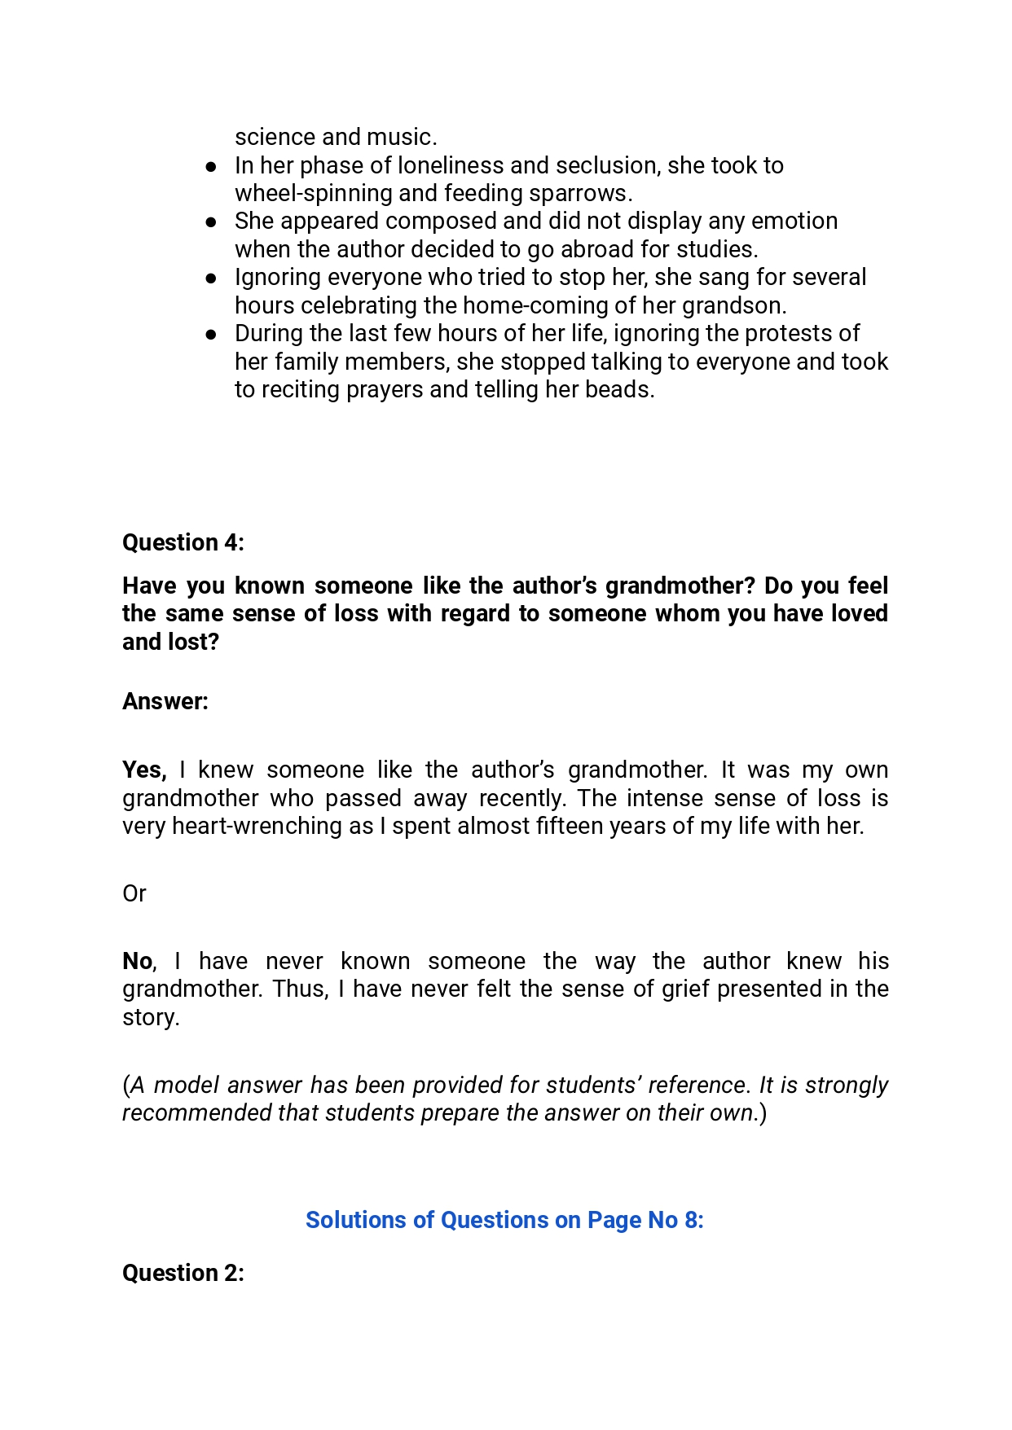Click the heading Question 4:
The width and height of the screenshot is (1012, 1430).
(183, 542)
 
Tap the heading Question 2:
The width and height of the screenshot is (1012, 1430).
(183, 1273)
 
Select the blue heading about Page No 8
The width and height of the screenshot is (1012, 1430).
(504, 1220)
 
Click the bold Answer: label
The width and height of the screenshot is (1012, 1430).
(165, 701)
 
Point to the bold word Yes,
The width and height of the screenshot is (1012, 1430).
(144, 770)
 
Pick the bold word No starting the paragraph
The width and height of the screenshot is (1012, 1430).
(137, 962)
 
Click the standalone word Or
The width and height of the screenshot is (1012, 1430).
(134, 893)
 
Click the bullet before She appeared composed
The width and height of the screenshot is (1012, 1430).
(211, 222)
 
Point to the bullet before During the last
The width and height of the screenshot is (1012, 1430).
(211, 334)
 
